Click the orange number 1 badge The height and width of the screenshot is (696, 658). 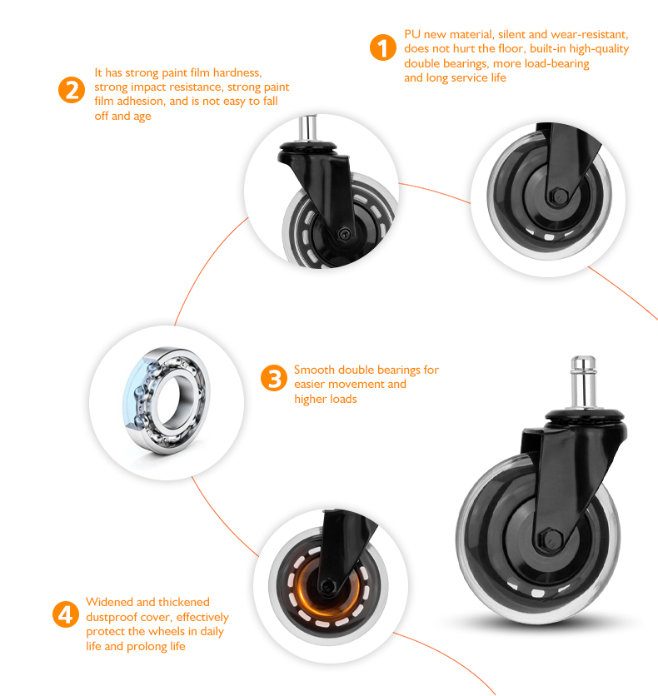(383, 47)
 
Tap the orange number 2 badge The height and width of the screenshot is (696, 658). (72, 90)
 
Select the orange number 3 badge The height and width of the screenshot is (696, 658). (274, 378)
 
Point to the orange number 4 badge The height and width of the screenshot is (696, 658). (66, 614)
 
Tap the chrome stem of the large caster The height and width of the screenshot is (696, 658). (583, 382)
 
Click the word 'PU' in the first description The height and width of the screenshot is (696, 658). (412, 35)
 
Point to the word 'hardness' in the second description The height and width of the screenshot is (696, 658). (237, 72)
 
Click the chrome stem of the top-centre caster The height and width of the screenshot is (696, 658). (307, 128)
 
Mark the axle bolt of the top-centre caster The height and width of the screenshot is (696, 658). (344, 233)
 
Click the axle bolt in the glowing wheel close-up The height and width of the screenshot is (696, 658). (327, 586)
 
